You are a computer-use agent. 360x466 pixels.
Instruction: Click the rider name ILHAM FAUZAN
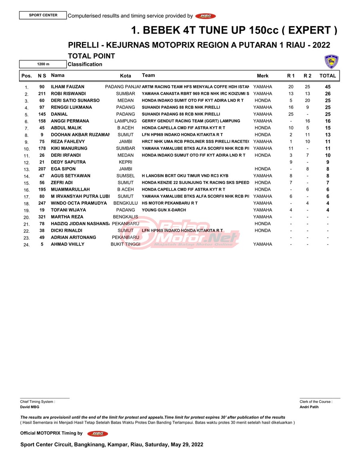[x=68, y=87]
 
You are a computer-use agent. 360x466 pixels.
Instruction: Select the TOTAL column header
[x=328, y=76]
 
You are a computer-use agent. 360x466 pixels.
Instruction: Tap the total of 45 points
[x=328, y=87]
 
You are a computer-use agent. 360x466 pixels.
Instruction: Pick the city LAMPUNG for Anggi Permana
[x=126, y=121]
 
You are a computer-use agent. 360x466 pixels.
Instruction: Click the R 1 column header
[x=291, y=76]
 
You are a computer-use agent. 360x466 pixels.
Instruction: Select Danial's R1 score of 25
[x=291, y=114]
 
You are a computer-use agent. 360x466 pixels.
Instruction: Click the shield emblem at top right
[x=332, y=62]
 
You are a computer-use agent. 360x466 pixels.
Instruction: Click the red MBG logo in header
[x=206, y=16]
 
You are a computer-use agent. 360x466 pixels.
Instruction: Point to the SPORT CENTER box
[x=43, y=15]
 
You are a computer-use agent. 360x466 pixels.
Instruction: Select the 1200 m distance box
[x=43, y=64]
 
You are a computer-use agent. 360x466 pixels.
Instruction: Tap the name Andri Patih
[x=309, y=407]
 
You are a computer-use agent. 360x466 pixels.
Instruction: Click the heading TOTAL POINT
[x=92, y=56]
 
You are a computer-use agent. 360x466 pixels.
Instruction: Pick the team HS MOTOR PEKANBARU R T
[x=170, y=203]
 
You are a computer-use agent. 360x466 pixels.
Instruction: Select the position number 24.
[x=26, y=245]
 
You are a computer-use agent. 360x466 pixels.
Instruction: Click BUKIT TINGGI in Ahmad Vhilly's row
[x=126, y=244]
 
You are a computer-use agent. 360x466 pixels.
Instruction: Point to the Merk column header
[x=263, y=76]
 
